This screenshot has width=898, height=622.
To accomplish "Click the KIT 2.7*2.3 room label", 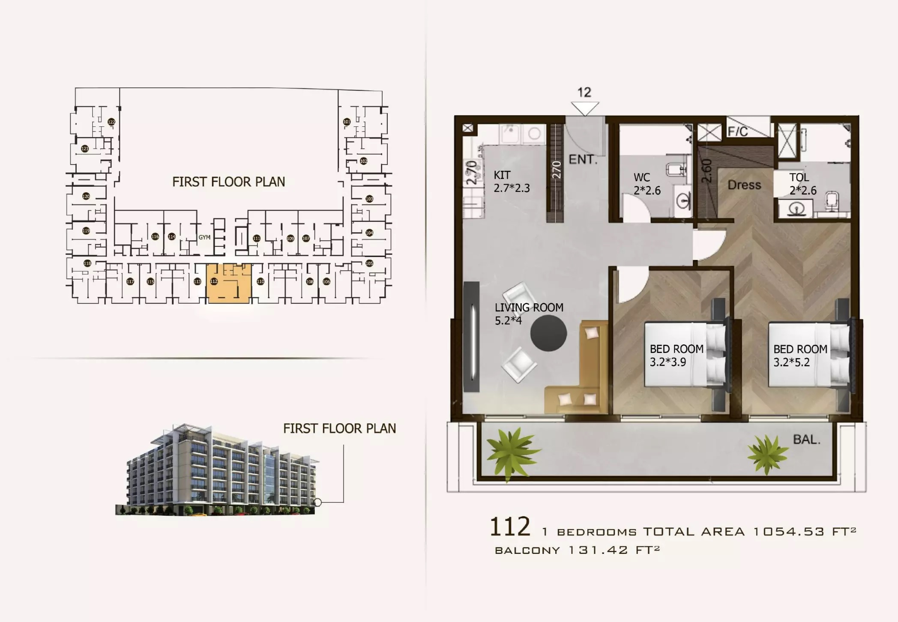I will [512, 182].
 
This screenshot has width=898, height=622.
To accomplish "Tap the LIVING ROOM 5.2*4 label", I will [529, 314].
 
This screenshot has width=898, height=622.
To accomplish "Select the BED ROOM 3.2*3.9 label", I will [676, 356].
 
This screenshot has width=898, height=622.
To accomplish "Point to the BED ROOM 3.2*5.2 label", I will [800, 356].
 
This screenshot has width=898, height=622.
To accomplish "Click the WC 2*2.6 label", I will [647, 184].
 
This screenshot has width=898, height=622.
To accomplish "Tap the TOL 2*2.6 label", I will [802, 184].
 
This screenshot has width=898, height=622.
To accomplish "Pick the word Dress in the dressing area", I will [744, 185].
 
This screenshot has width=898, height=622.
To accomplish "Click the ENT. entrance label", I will [583, 160].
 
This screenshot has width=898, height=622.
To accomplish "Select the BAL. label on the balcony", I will [806, 440].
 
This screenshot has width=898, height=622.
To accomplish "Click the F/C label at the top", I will [738, 131].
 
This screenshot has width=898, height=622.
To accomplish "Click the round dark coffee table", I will [548, 333].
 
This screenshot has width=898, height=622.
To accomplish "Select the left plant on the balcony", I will [512, 453].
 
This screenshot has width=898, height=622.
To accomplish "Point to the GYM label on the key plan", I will [204, 237].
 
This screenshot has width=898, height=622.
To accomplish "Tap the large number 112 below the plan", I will [510, 527].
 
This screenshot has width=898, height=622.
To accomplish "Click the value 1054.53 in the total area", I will [788, 532].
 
